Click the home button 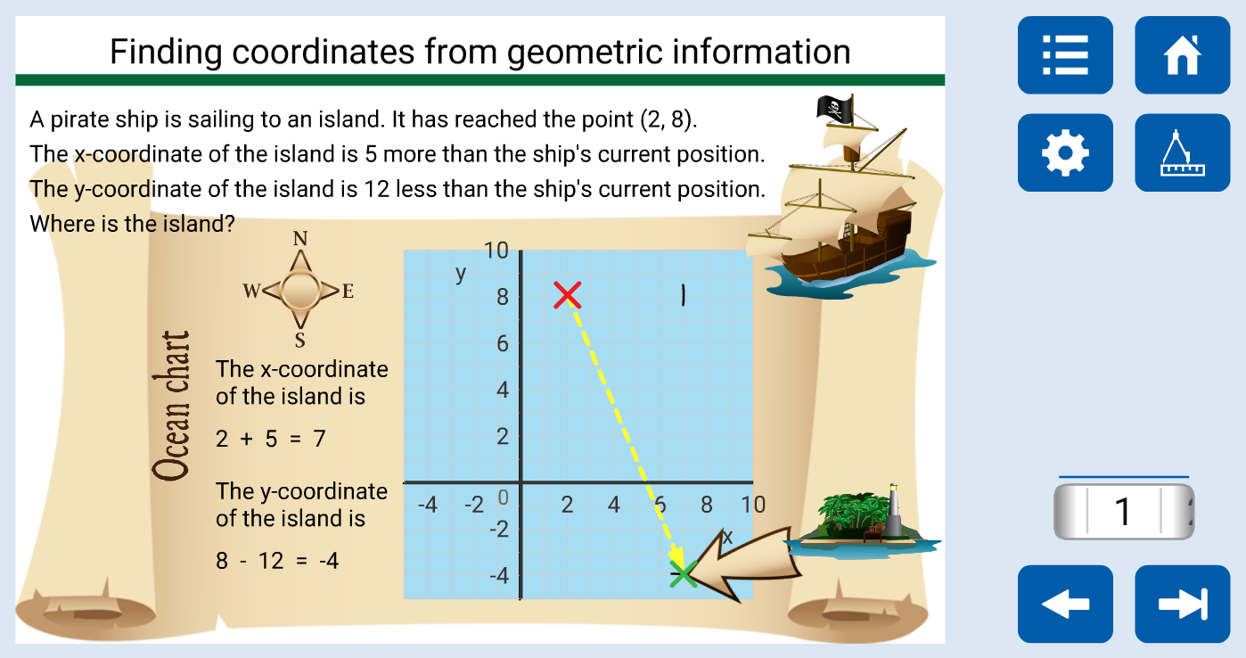point(1182,55)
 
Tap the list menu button point(1065,55)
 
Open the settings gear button point(1065,153)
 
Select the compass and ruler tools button point(1182,153)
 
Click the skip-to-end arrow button point(1182,604)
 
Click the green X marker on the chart point(683,574)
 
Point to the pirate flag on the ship point(834,109)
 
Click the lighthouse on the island point(893,510)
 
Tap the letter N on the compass point(300,239)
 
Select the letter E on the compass point(348,291)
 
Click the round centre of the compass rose point(300,290)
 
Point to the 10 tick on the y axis point(496,251)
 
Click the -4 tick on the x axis point(428,505)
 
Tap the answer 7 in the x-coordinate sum point(319,439)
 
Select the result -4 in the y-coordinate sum point(329,561)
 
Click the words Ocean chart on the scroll point(172,406)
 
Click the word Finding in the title point(166,53)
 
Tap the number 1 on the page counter point(1123,511)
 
